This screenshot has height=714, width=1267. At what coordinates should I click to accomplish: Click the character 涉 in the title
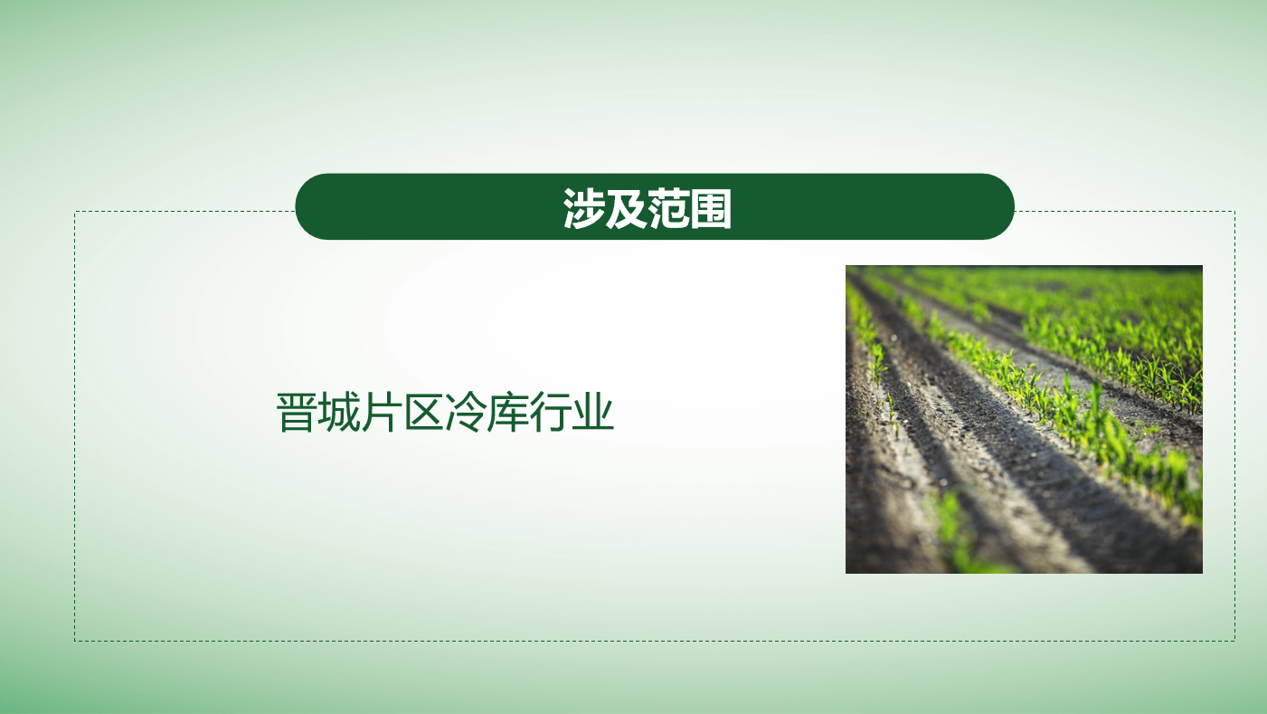pos(583,208)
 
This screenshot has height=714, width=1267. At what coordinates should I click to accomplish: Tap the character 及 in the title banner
pos(626,208)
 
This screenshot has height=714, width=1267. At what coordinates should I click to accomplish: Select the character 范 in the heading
pos(668,208)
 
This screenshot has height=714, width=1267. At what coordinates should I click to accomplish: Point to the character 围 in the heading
pos(711,208)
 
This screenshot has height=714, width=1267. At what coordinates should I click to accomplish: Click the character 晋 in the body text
pos(297,413)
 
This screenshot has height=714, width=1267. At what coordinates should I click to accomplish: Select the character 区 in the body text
pos(423,413)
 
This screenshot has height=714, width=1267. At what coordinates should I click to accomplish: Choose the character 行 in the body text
pos(551,413)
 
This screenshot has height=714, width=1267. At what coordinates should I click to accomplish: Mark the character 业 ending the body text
pos(592,413)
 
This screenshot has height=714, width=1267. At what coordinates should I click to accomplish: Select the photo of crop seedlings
pos(1024,420)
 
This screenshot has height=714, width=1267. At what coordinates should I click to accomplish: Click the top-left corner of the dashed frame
pos(75,212)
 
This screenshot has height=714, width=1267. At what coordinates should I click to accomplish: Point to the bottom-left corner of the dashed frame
pos(75,641)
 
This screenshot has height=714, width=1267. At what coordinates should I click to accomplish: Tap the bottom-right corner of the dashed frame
pos(1234,641)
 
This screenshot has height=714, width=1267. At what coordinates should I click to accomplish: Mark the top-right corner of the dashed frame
pos(1234,212)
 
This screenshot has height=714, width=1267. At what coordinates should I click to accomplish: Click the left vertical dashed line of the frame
pos(75,426)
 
